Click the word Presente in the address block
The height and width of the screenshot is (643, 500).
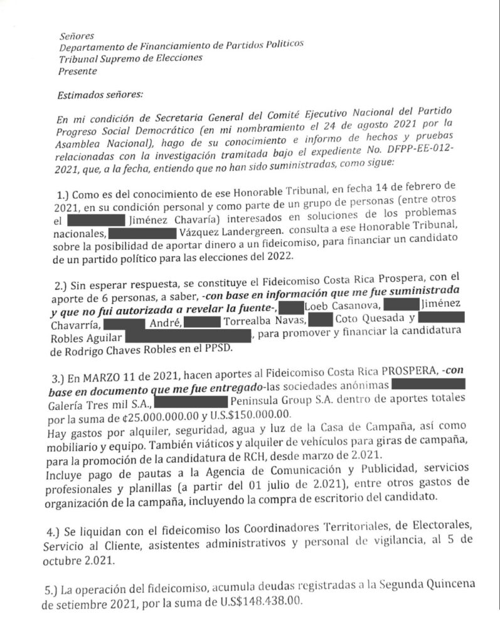coord(77,71)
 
